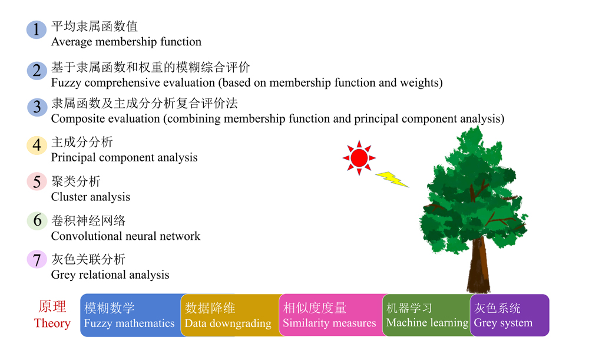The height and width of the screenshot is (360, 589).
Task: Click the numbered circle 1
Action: tap(37, 29)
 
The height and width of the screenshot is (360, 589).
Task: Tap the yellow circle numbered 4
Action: tap(37, 146)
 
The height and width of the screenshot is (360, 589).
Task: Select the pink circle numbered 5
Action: tap(37, 182)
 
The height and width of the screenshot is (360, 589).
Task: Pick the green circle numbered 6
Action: tap(37, 220)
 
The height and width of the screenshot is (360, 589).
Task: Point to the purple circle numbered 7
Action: tap(37, 260)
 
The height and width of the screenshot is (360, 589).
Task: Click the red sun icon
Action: tap(359, 158)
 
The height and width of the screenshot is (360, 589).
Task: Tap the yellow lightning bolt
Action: tap(392, 179)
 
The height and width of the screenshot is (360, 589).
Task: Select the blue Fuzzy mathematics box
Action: tap(131, 315)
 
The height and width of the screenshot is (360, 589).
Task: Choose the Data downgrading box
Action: tap(230, 315)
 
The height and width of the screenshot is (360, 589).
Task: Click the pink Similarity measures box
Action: tap(331, 315)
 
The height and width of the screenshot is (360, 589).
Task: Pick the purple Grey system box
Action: tap(509, 315)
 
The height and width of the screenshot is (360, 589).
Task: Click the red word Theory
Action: tap(52, 323)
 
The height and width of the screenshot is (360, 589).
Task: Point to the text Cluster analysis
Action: tap(91, 197)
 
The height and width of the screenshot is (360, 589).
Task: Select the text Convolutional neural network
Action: tap(125, 236)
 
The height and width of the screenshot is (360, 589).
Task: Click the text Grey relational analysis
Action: tap(110, 275)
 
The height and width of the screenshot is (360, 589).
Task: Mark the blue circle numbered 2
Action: tap(37, 71)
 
